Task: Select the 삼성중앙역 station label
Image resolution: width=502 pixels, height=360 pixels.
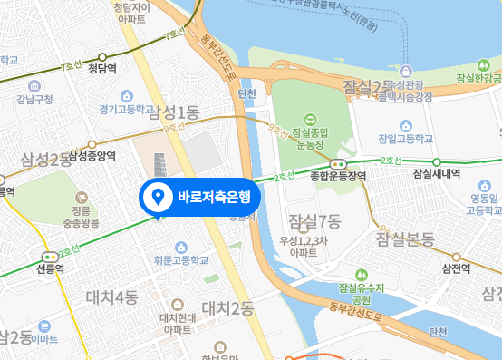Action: (92, 156)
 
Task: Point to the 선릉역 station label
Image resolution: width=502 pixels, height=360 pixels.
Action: (49, 269)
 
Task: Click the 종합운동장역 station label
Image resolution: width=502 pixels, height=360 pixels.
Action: (338, 176)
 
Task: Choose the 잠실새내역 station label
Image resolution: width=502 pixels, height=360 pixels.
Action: (436, 174)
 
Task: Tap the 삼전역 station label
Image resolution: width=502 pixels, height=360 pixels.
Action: (457, 269)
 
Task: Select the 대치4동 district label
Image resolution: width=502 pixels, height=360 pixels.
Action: (112, 297)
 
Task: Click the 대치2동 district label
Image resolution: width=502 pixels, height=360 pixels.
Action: (227, 308)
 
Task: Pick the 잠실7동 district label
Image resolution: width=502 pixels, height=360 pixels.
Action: (314, 220)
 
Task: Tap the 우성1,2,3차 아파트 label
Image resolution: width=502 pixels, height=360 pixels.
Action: (311, 247)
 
